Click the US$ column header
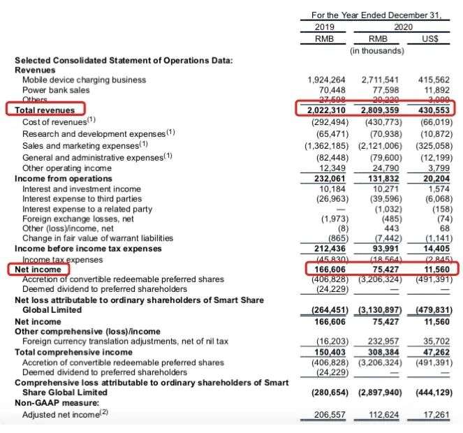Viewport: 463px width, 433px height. point(431,38)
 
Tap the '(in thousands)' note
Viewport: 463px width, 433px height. point(377,50)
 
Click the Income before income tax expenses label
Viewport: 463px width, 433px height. point(88,248)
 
